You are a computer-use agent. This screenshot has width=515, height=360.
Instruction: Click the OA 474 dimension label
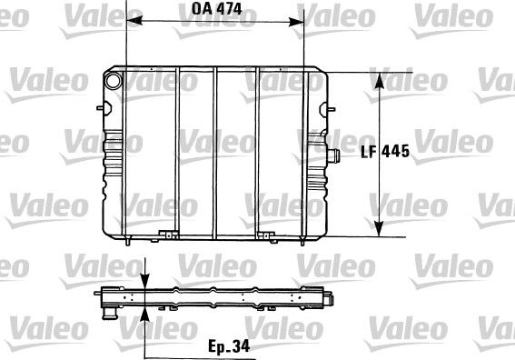(x=212, y=10)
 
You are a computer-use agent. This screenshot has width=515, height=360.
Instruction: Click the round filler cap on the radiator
(x=113, y=80)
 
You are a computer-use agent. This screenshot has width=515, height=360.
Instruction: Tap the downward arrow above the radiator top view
(x=146, y=278)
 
